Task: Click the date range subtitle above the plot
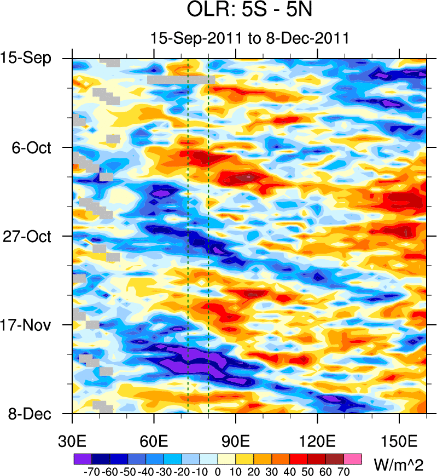point(249,38)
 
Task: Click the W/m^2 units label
point(399,464)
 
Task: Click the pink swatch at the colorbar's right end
point(353,458)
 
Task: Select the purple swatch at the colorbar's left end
point(82,458)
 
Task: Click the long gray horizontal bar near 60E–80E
point(180,79)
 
